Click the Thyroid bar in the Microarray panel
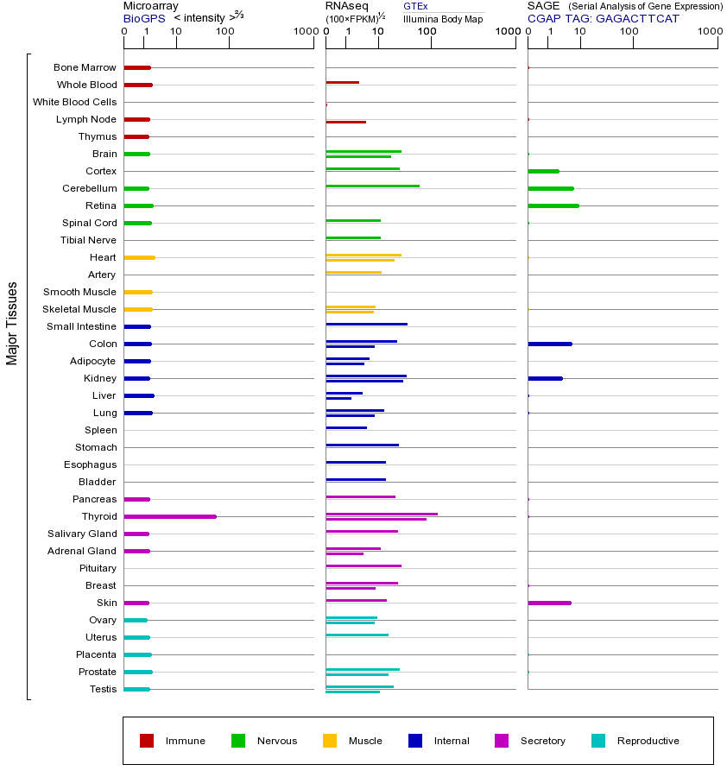(170, 516)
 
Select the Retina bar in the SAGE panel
(553, 205)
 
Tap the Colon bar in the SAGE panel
(550, 344)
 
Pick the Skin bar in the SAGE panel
(549, 603)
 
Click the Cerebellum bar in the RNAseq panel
(373, 186)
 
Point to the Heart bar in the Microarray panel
(139, 257)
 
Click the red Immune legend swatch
(147, 741)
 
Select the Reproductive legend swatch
(598, 741)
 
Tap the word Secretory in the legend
(543, 741)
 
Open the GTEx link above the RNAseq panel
(415, 7)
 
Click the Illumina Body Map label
(443, 18)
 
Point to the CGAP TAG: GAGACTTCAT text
(604, 18)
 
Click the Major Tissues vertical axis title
(12, 323)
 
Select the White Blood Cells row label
(74, 102)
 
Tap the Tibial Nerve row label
(88, 240)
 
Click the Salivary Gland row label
(82, 534)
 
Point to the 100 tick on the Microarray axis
(225, 32)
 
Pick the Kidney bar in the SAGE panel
(545, 378)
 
